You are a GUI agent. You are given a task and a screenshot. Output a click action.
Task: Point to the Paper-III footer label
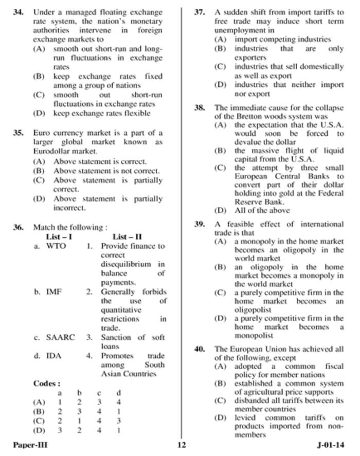point(30,445)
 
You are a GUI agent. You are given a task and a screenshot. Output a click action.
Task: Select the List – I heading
point(59,237)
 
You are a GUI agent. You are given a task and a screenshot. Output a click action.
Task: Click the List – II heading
point(127,237)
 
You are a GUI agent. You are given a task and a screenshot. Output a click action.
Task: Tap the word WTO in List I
point(56,246)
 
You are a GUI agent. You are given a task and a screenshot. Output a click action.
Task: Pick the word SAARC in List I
point(60,337)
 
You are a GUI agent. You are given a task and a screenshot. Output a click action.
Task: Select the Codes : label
point(47,384)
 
